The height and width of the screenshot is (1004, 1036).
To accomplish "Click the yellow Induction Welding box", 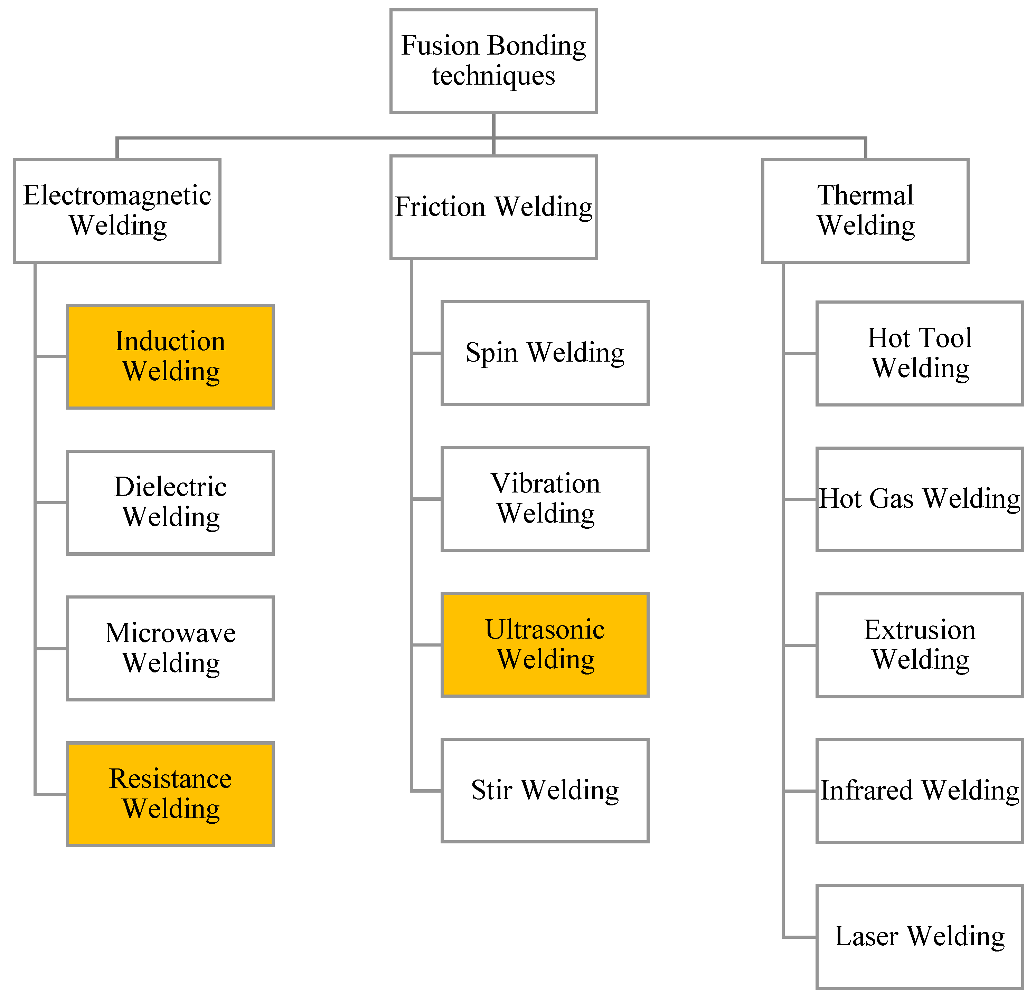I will (170, 356).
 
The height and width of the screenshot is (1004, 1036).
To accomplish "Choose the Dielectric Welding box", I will (170, 502).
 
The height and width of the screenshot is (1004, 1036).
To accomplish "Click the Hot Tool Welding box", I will (919, 353).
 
